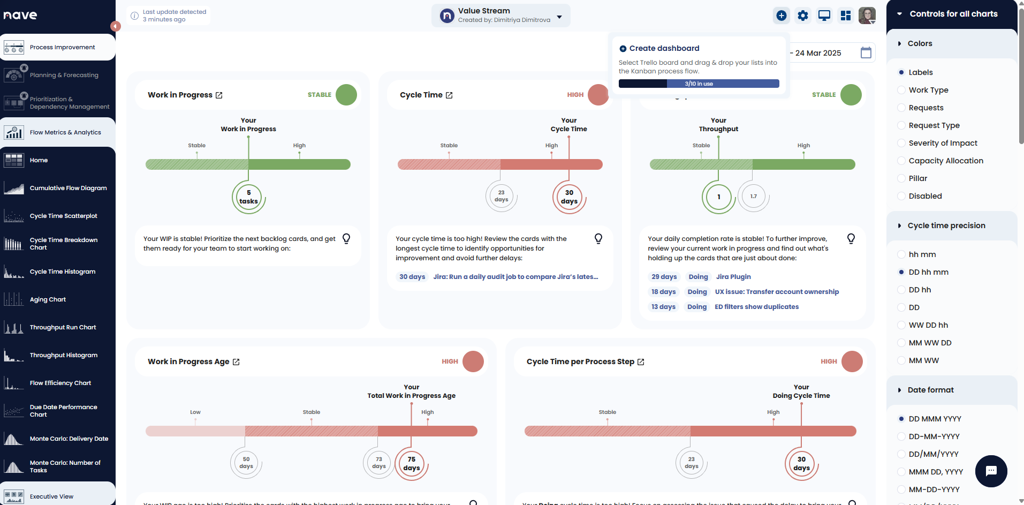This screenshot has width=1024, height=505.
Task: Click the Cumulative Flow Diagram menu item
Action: point(68,188)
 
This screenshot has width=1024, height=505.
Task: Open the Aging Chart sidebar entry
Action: point(48,299)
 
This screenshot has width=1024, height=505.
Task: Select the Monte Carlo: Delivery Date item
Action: point(69,439)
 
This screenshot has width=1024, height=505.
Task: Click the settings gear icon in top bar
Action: point(802,16)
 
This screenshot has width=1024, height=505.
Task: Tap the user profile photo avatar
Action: point(867,16)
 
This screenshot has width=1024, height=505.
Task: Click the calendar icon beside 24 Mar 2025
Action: point(866,52)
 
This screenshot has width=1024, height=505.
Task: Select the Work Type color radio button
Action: point(901,90)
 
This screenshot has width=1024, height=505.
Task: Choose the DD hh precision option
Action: point(901,290)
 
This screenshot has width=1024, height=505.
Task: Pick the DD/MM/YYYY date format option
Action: point(901,454)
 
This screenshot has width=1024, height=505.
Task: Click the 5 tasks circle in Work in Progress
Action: point(248,197)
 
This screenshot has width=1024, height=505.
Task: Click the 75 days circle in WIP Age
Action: point(411,464)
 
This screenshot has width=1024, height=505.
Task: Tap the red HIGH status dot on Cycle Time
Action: point(598,95)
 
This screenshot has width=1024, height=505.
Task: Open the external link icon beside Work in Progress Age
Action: point(236,362)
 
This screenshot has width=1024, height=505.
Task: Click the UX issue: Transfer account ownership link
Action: point(777,292)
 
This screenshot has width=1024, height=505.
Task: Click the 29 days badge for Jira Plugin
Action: point(664,277)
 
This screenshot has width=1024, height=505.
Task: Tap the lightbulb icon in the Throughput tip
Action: point(851,239)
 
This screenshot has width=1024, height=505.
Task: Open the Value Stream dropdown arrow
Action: point(559,17)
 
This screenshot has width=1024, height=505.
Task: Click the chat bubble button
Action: point(991,471)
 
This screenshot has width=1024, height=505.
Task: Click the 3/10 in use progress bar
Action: point(699,84)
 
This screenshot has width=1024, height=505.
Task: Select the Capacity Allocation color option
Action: point(901,161)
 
